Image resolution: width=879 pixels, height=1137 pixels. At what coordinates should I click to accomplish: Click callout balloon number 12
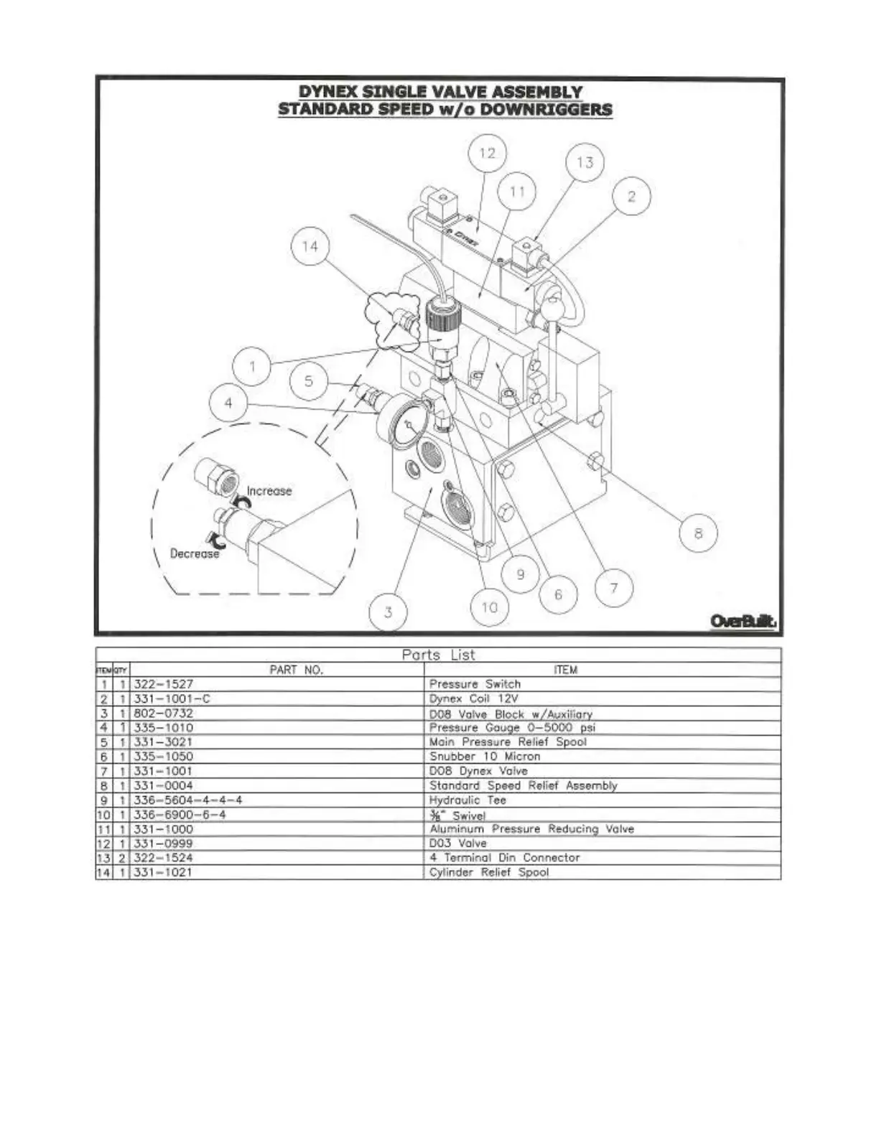(487, 153)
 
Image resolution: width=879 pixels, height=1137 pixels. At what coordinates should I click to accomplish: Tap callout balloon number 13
(585, 162)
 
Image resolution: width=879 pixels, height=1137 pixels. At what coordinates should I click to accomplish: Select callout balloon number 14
(310, 246)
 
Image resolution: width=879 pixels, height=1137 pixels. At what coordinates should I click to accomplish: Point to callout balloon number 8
(698, 533)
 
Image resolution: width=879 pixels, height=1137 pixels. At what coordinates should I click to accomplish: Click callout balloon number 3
(388, 612)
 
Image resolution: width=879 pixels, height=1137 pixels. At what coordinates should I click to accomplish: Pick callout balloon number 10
(489, 608)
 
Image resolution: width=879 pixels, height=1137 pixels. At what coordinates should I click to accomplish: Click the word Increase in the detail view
(269, 491)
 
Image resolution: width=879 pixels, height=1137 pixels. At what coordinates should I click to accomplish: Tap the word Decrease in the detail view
(195, 553)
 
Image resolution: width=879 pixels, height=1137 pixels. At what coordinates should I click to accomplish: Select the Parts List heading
(438, 655)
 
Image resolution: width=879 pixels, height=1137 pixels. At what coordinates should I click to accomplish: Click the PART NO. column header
(297, 670)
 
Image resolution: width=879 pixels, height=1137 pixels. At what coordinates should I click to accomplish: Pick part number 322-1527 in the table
(164, 684)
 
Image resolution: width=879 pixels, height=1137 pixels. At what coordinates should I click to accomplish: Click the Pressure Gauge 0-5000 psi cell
(513, 727)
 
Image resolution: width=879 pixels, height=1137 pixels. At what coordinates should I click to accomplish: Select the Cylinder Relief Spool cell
(489, 872)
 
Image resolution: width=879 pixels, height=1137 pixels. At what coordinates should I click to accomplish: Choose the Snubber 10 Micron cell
(485, 756)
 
